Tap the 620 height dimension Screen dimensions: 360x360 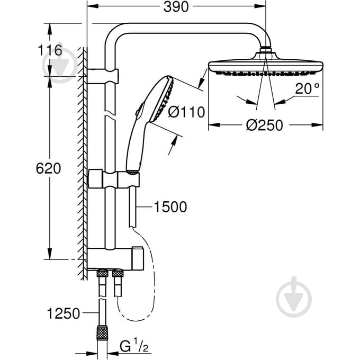tap(49, 168)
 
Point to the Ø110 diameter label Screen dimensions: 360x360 tap(186, 112)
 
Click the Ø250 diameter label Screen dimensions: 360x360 tap(265, 125)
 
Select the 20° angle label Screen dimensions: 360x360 tap(308, 89)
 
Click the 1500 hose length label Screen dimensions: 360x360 tap(170, 207)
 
